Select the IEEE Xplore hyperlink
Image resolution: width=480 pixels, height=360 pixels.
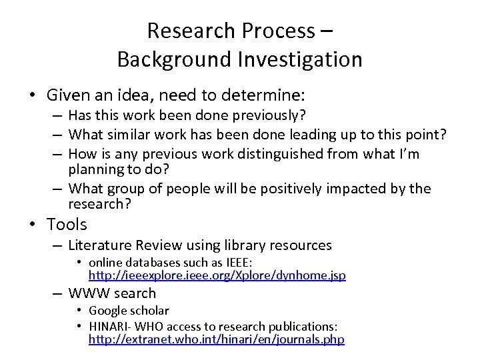(x=217, y=275)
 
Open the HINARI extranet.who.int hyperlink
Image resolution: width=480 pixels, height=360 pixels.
(x=217, y=340)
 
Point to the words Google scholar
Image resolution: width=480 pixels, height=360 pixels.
(x=129, y=311)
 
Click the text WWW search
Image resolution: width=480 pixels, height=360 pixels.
(x=112, y=293)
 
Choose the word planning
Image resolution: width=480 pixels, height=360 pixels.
(x=94, y=170)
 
